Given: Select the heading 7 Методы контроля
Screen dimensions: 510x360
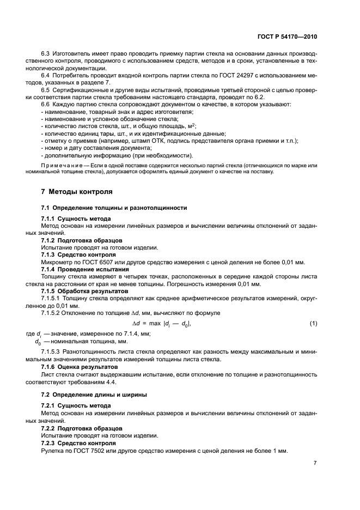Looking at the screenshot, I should [x=77, y=192].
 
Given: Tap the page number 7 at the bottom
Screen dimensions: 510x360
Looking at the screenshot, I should [x=315, y=463].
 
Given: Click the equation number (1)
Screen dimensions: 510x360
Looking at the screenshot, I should [x=313, y=324].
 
